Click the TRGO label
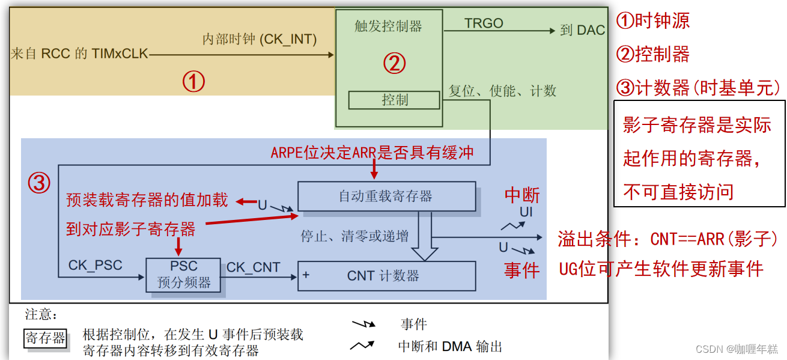tap(484, 23)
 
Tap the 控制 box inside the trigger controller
tap(394, 100)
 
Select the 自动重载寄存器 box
tap(386, 197)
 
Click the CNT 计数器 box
tap(386, 276)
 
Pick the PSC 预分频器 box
tap(183, 275)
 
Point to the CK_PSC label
tap(95, 265)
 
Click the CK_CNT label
tap(253, 267)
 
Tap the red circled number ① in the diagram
tap(193, 82)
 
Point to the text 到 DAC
tap(582, 31)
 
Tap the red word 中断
tap(521, 195)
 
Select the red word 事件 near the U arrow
tap(521, 270)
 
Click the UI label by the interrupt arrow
tap(526, 212)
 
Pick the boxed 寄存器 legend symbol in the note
tap(45, 338)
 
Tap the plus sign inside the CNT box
tap(306, 275)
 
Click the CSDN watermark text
tap(736, 349)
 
